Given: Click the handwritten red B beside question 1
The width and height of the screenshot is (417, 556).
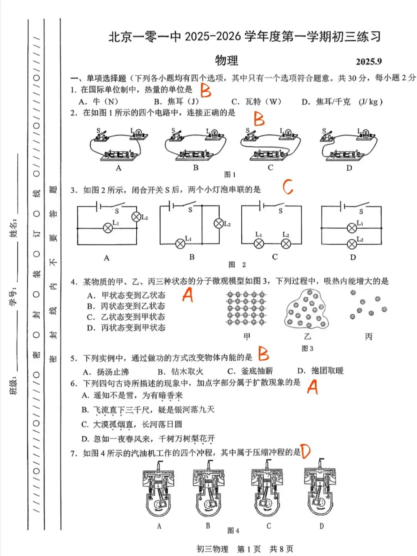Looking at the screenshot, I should point(205,91).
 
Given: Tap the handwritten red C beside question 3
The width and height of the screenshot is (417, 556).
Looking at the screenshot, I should point(288,187).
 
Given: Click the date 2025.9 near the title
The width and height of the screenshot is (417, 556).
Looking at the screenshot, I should point(368,62).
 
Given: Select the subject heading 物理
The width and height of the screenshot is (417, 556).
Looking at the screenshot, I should point(227,61).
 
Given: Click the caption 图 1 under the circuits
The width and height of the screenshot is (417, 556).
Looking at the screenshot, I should point(230,175).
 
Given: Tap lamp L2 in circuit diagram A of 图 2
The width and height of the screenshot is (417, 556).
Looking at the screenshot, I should point(136,217).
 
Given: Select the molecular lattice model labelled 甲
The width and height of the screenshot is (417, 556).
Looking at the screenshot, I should point(246,309).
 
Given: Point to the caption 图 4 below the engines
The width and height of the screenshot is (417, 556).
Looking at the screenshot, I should point(233,531).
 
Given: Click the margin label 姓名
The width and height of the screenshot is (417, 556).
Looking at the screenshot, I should point(14,228).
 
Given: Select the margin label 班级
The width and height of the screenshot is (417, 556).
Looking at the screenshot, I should point(14,385).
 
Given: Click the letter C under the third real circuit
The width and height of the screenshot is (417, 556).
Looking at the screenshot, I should point(270,168).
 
